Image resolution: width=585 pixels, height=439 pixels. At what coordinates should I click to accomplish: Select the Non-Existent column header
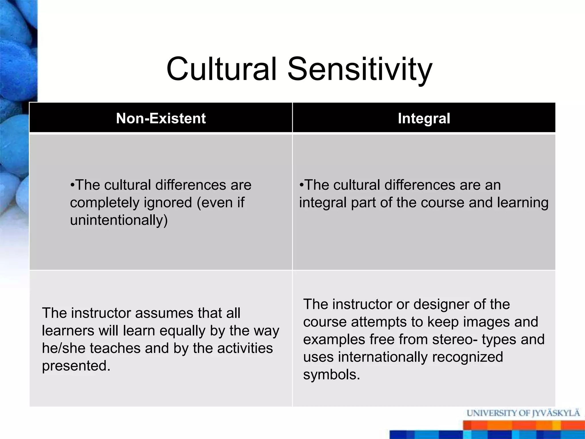(x=161, y=118)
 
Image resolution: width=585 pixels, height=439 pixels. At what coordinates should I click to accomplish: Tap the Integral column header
(x=424, y=118)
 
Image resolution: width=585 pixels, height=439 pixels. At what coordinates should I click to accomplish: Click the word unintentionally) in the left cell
(x=119, y=220)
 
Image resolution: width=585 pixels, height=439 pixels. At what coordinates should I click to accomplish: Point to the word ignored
(x=168, y=203)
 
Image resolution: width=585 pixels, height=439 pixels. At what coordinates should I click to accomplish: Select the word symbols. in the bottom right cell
(x=332, y=374)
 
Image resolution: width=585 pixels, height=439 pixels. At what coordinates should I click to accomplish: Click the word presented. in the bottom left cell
(x=76, y=366)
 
